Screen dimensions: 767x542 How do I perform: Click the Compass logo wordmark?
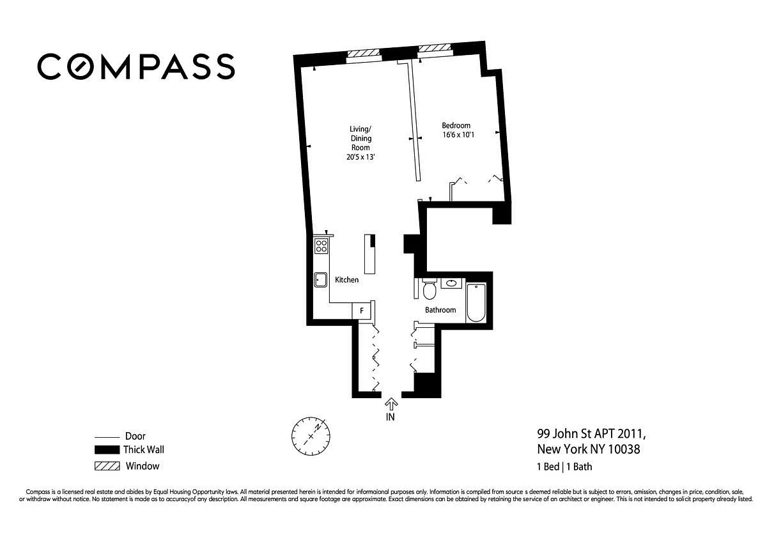(136, 66)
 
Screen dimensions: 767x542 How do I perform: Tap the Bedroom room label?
(456, 125)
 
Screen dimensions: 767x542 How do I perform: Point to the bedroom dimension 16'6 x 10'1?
(458, 135)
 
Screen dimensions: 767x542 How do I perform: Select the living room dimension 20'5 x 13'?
(360, 157)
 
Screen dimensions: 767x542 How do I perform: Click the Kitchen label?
(346, 280)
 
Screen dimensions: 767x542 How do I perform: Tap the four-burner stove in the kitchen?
(321, 246)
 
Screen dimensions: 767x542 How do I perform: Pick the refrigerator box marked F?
(361, 311)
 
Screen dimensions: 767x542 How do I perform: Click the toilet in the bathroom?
(429, 290)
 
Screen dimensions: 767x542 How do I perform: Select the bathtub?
(476, 302)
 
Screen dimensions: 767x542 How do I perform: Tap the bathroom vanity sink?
(451, 283)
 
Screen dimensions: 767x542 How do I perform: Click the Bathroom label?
(440, 310)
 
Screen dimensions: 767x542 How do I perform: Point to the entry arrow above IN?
(391, 405)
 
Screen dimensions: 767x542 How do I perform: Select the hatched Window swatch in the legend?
(107, 466)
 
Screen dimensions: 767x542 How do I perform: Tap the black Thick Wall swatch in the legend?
(107, 449)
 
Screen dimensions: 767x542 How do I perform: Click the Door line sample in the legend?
(107, 437)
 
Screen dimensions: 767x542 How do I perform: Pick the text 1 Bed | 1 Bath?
(564, 467)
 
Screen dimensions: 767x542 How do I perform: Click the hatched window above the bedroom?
(435, 47)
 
